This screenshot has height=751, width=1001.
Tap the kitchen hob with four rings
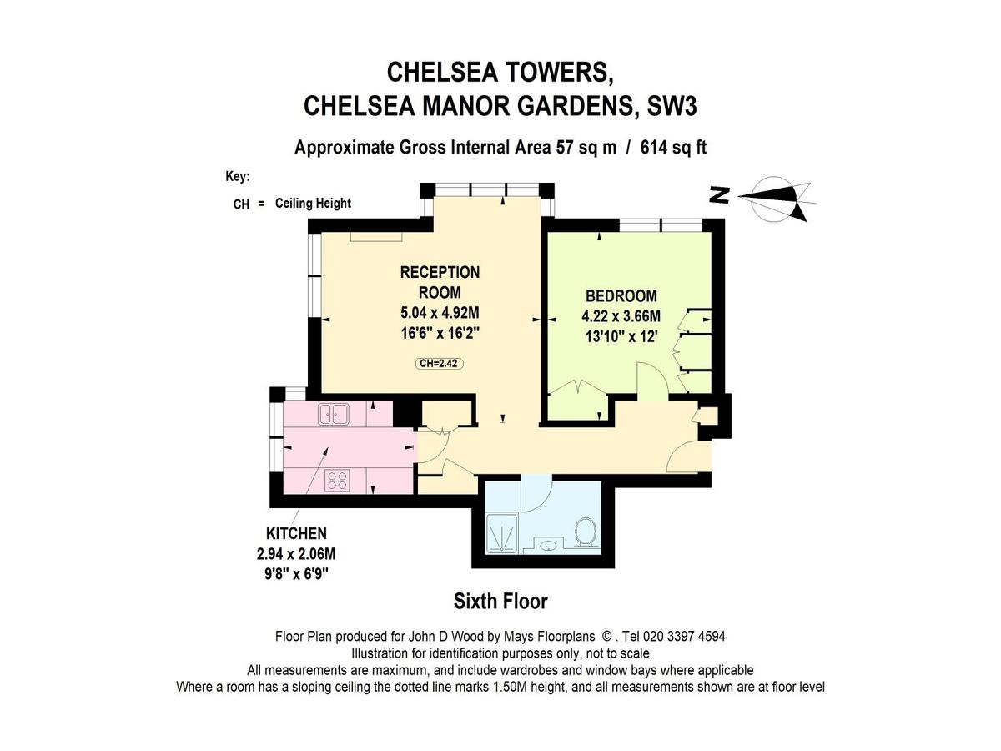(x=337, y=480)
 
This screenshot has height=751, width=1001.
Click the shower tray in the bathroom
(x=503, y=534)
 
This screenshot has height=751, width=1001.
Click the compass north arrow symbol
(x=772, y=198)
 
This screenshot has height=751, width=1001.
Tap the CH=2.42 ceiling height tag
(x=440, y=363)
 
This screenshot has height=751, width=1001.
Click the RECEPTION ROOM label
(x=440, y=282)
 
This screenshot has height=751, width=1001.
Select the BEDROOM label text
(x=621, y=295)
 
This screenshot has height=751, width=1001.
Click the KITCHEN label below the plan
(x=296, y=533)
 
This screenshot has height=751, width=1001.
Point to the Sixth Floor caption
(x=500, y=601)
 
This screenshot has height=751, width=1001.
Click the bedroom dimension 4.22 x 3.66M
(x=621, y=316)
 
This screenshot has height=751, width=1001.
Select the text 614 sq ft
(x=673, y=148)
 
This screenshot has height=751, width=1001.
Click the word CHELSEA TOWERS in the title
(x=500, y=73)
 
